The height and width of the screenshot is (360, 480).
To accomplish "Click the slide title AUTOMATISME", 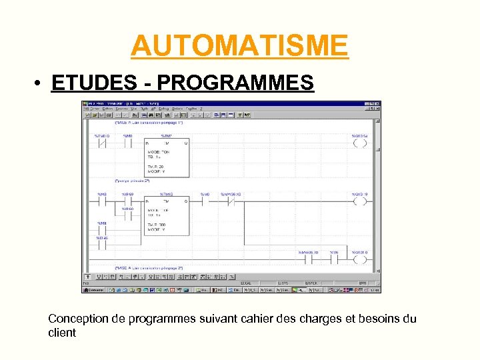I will point(239,45).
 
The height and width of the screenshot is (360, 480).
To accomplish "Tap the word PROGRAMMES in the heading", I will point(235,83).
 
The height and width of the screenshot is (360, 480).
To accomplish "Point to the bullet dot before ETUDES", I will point(41,84).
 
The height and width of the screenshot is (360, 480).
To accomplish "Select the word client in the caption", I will point(62,332).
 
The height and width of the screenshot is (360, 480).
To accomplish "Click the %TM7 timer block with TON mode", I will point(167,158).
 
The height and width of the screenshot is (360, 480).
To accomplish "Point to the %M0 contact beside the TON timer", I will point(127,143).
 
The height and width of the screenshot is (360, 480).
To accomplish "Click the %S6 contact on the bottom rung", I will point(335,261).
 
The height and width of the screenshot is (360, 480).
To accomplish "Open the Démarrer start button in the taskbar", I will point(94,290).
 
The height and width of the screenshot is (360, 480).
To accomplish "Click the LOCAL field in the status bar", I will point(245,283).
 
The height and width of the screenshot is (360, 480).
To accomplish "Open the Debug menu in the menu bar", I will point(165,109).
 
